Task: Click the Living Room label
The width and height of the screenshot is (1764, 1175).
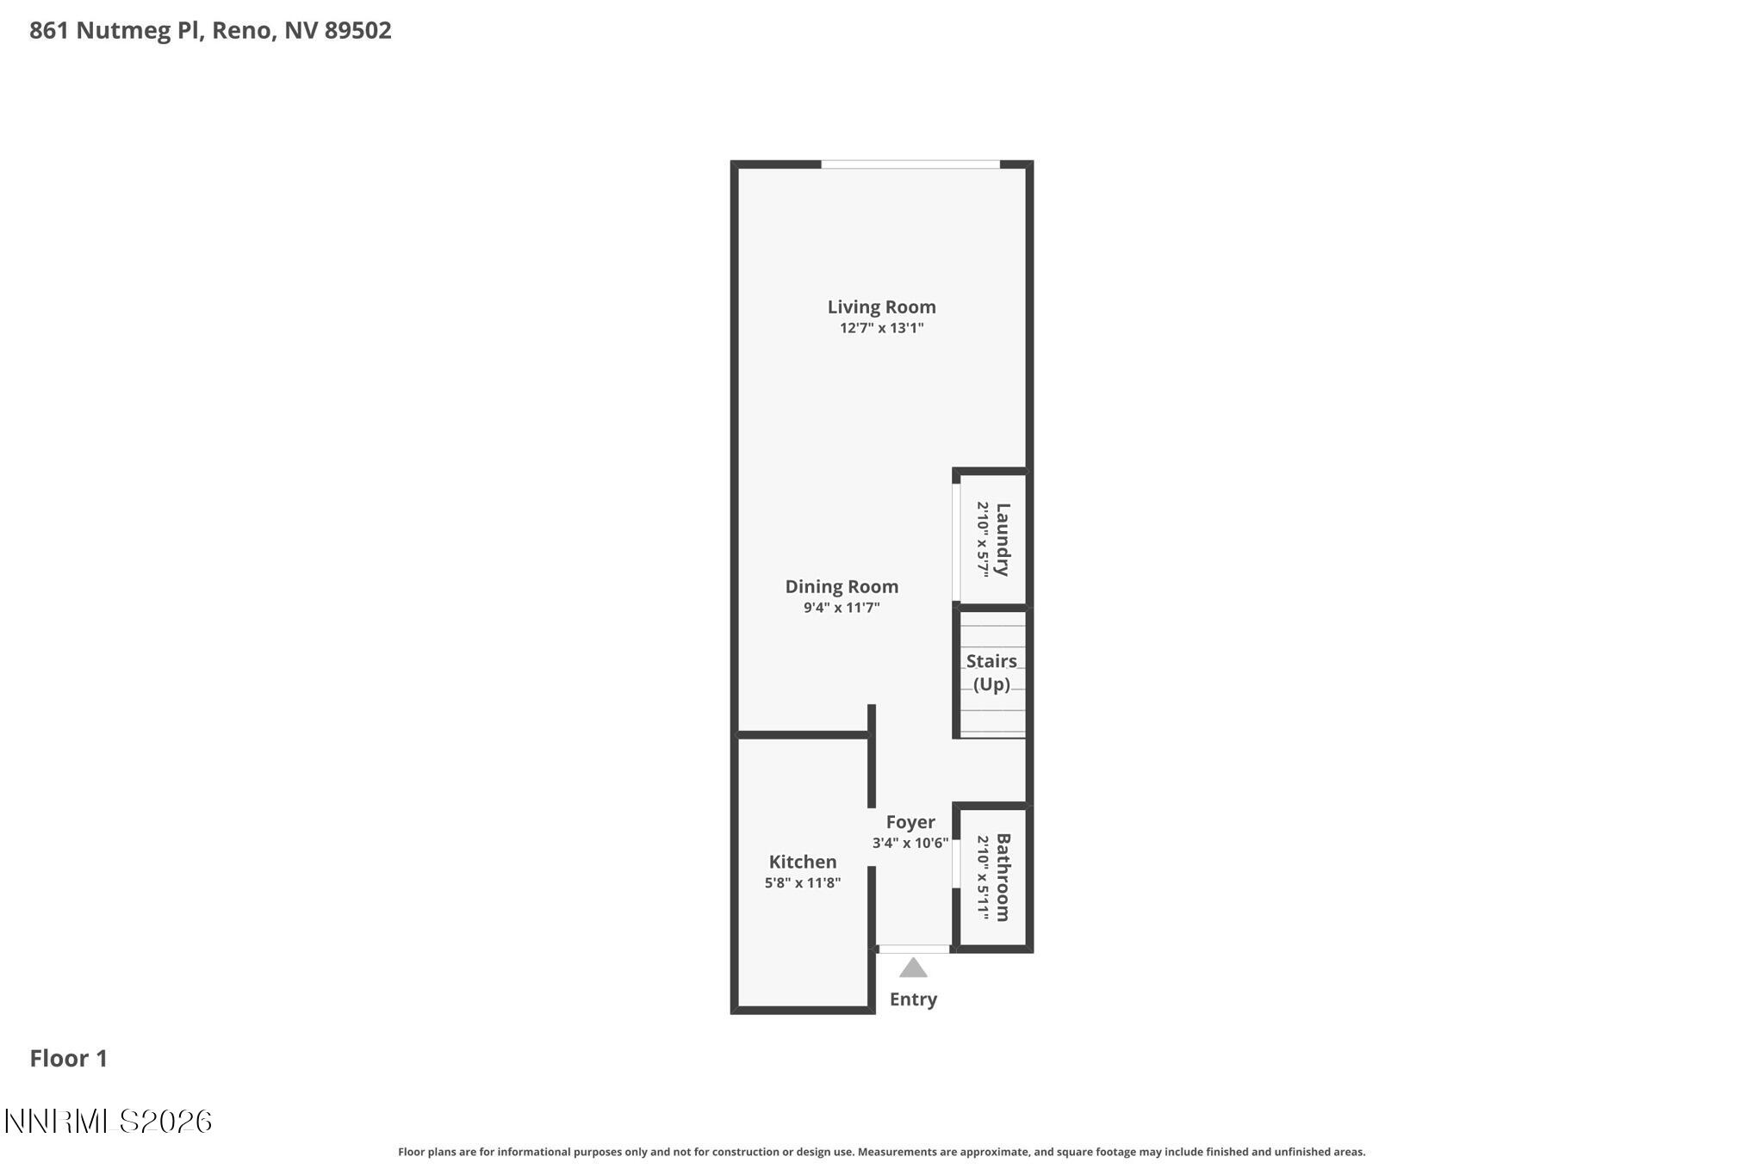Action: [881, 306]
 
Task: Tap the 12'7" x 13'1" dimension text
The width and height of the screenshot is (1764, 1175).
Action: [881, 328]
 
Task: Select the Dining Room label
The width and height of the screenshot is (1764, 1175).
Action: [842, 586]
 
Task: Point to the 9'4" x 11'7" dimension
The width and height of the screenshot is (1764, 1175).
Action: [842, 608]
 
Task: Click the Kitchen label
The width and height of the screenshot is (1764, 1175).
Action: [802, 862]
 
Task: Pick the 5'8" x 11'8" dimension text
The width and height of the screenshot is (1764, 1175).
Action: [802, 882]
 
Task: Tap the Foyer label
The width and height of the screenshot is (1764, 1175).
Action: [910, 822]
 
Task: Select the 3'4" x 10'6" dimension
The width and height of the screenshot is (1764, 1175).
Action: [910, 843]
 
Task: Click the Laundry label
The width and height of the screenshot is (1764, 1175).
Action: [1003, 540]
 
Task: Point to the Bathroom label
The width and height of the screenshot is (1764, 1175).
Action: [1003, 877]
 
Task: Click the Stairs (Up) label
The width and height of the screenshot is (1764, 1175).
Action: [991, 672]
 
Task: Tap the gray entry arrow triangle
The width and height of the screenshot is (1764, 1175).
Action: [913, 968]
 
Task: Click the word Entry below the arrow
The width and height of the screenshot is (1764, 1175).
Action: [913, 999]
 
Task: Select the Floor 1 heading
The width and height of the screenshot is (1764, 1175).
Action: [69, 1058]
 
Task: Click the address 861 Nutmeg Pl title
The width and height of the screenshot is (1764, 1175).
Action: [210, 30]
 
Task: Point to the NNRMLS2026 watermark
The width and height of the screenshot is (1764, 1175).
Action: [109, 1121]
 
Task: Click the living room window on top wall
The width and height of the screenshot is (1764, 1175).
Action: [910, 164]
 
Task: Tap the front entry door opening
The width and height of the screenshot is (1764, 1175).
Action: [913, 949]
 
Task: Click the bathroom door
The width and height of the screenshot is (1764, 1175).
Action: [956, 863]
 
